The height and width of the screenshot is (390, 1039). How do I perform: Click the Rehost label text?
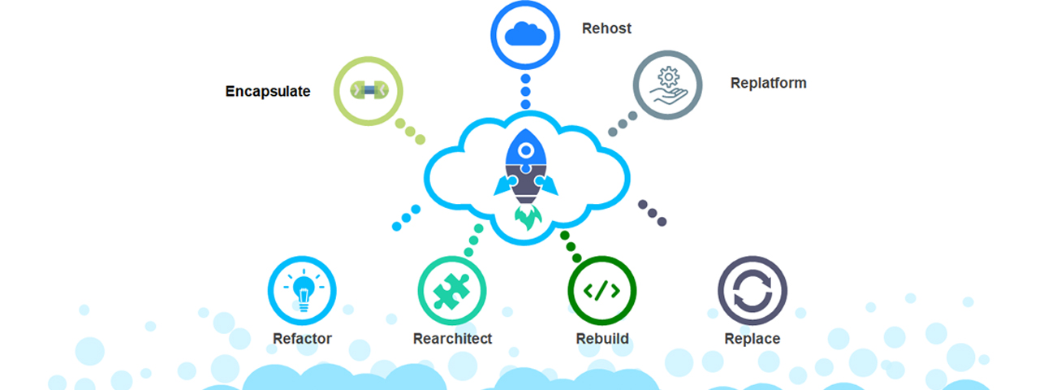[606, 28]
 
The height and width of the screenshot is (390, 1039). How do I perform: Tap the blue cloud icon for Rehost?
[525, 35]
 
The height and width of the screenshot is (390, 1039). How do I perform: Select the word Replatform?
[768, 83]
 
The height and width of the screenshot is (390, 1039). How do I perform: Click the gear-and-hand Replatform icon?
[667, 84]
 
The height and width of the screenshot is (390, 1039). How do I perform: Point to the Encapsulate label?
[267, 91]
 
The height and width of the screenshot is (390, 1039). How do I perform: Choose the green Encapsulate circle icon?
[369, 91]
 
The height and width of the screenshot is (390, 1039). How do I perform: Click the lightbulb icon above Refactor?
[302, 290]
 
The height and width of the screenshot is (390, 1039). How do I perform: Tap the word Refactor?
[302, 339]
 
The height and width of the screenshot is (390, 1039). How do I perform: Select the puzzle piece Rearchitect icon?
[452, 290]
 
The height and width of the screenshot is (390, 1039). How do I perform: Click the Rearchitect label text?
[452, 339]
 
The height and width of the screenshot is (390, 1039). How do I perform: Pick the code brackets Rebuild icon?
[602, 290]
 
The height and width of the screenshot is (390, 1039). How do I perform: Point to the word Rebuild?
[602, 339]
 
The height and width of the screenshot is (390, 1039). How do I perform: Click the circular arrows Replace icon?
[752, 290]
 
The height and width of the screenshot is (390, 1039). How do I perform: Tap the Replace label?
[752, 339]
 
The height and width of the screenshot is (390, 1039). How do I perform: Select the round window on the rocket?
[526, 150]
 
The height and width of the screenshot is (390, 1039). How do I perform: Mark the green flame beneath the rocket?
[526, 217]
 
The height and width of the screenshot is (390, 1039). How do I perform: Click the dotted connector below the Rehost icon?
[525, 92]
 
